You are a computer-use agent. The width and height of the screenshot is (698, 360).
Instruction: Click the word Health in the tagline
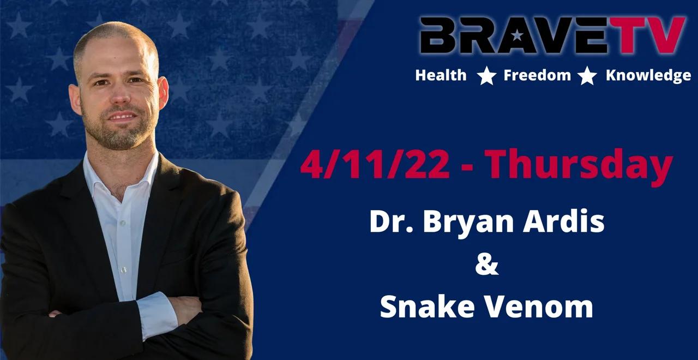click(441, 75)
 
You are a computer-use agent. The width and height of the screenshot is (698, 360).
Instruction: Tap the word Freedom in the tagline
click(537, 75)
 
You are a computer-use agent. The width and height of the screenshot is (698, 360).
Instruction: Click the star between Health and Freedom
click(486, 76)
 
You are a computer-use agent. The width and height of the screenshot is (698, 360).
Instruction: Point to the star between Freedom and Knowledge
click(587, 76)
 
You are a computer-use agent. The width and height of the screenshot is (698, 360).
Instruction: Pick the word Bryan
click(474, 223)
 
